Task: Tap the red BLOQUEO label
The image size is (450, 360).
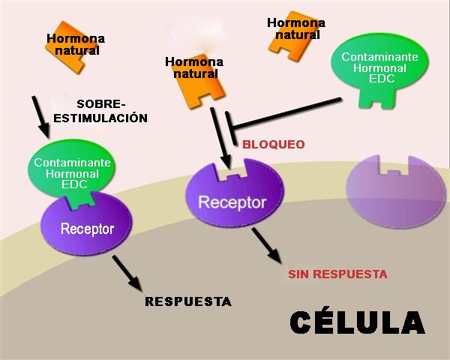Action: pos(272,144)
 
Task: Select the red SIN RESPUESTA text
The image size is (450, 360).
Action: pos(337,274)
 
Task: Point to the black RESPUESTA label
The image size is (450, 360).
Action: pos(187,302)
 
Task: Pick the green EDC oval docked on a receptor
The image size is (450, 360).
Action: pos(73,173)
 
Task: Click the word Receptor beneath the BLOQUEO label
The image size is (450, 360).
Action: pos(232,202)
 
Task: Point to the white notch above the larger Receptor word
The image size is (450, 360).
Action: pos(232,174)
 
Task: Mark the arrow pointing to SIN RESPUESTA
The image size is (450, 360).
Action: pos(265,241)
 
